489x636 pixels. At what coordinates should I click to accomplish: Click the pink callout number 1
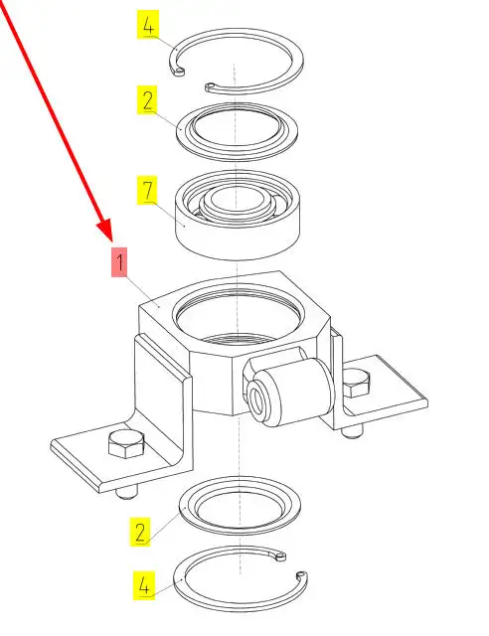119,262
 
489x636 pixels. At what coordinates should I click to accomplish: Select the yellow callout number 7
147,190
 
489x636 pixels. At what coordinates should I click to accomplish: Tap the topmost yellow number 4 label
148,24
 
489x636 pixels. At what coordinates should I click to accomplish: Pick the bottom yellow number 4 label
144,585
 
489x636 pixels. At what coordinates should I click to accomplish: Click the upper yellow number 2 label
147,99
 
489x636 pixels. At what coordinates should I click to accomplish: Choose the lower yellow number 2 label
140,532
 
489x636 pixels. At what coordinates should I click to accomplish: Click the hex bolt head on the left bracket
126,444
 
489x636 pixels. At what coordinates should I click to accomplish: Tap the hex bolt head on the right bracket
357,383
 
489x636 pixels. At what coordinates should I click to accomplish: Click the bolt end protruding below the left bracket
126,493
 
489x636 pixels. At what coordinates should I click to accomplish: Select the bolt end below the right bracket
352,431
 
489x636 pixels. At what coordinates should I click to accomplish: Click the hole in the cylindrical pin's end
257,399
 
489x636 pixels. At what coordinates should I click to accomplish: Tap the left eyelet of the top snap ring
179,72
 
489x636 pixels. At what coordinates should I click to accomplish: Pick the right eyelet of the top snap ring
210,86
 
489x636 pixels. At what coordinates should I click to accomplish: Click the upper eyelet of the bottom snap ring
279,556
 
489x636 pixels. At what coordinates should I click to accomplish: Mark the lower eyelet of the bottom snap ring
301,575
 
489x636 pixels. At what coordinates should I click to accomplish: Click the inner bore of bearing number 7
237,200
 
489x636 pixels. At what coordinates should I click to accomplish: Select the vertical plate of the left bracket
162,390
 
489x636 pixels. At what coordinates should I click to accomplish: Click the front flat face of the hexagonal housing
211,378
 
